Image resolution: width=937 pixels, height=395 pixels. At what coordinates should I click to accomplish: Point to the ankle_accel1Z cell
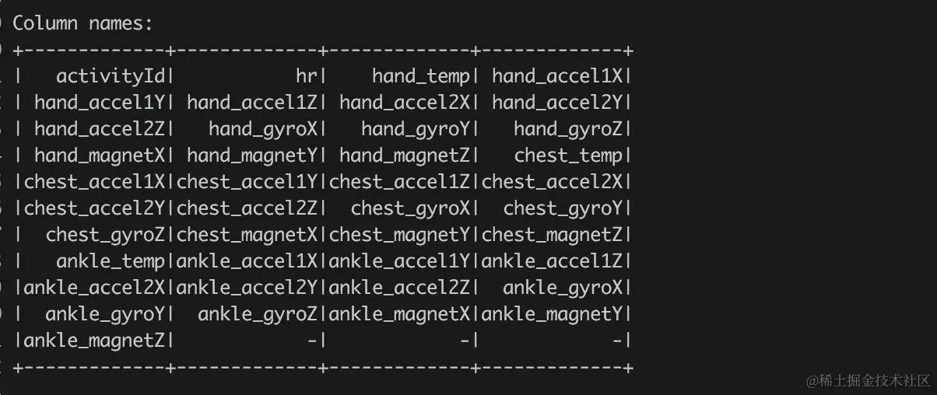552,261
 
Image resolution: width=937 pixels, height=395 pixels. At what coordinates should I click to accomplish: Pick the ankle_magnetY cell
552,314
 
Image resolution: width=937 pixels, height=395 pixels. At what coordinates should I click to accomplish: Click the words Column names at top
82,23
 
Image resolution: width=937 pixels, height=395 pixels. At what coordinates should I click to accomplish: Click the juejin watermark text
868,380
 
